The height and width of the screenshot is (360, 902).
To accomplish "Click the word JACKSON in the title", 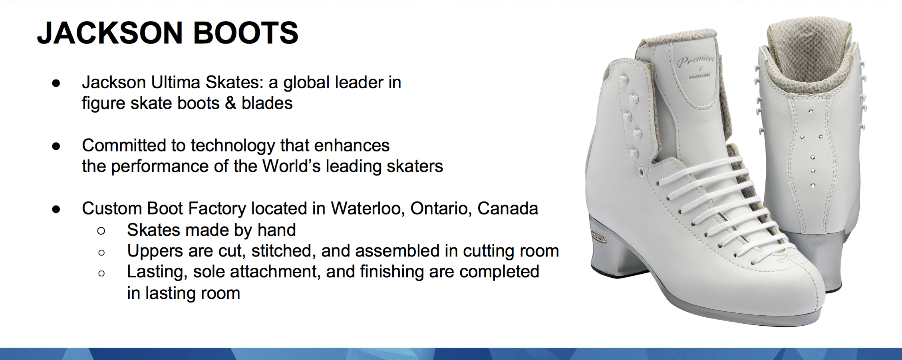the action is (x=110, y=32).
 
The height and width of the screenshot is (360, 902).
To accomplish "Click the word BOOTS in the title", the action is (x=246, y=32).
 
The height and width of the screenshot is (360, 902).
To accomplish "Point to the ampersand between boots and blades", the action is (x=230, y=103).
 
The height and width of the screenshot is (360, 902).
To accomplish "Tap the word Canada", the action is (x=508, y=208).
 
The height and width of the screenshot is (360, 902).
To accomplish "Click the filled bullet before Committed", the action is (x=56, y=146).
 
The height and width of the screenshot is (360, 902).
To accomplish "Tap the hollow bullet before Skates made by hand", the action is (x=101, y=231).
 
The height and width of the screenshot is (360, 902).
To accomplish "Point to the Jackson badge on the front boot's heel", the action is (x=599, y=239).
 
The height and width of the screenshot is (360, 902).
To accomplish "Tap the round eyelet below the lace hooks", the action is (x=641, y=173).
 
